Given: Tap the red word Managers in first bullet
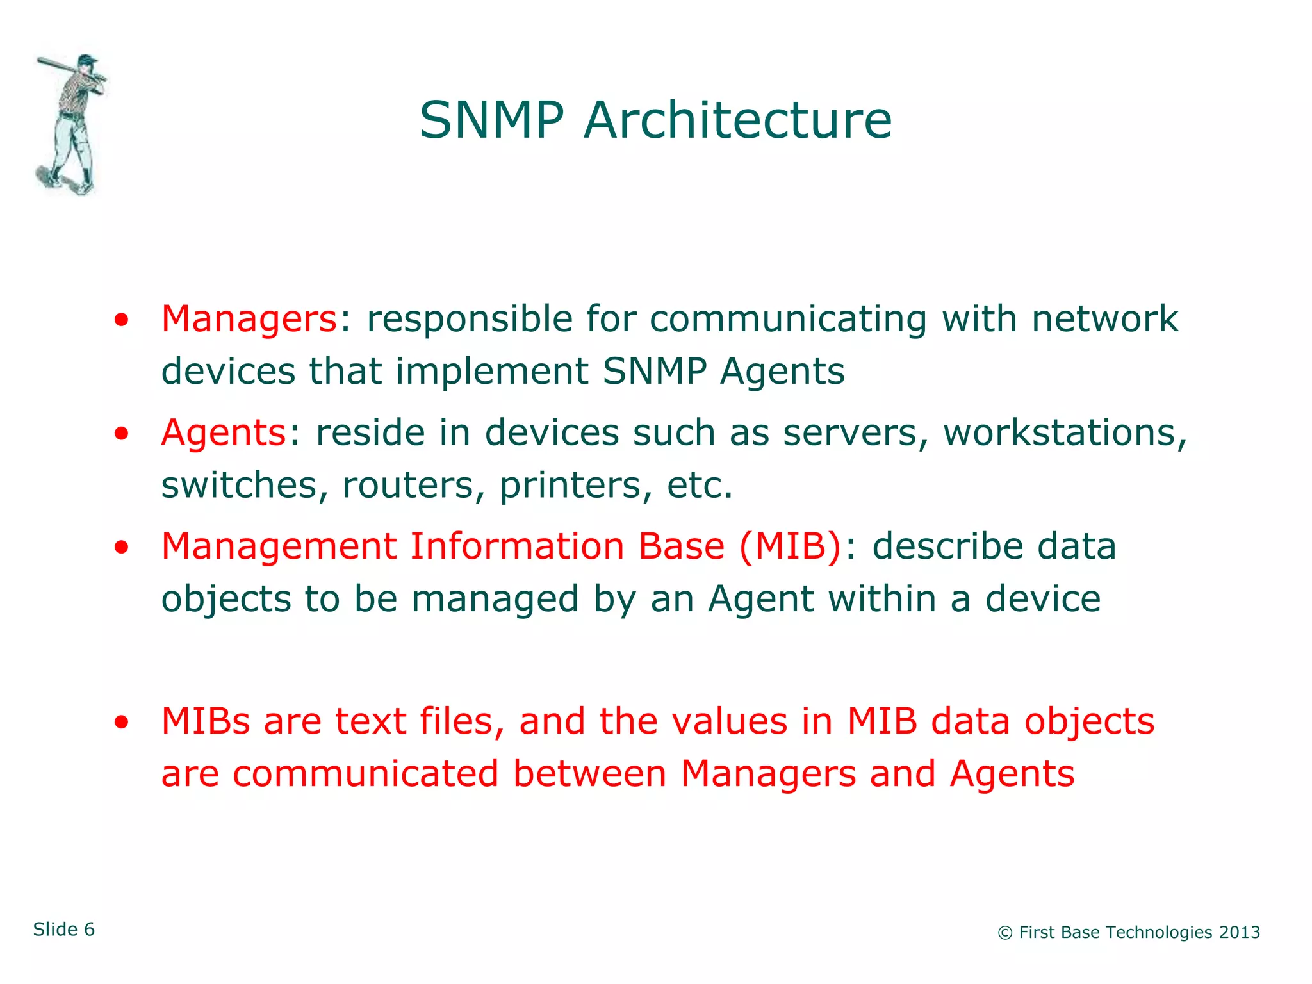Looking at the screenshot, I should click(x=249, y=318).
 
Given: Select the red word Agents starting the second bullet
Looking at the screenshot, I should click(x=223, y=432).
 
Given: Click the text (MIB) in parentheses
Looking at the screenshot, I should click(x=790, y=546).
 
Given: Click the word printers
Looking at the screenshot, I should click(x=570, y=485).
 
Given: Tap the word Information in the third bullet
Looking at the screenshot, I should click(x=516, y=546).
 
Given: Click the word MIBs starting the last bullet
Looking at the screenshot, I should click(x=205, y=721).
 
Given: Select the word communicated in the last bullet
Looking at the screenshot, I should click(x=365, y=773).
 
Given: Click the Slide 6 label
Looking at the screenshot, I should click(x=64, y=930).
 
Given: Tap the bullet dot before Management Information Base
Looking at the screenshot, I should click(x=121, y=548).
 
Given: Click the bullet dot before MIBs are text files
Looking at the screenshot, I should click(x=121, y=723).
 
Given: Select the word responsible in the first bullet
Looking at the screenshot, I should click(x=469, y=318).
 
